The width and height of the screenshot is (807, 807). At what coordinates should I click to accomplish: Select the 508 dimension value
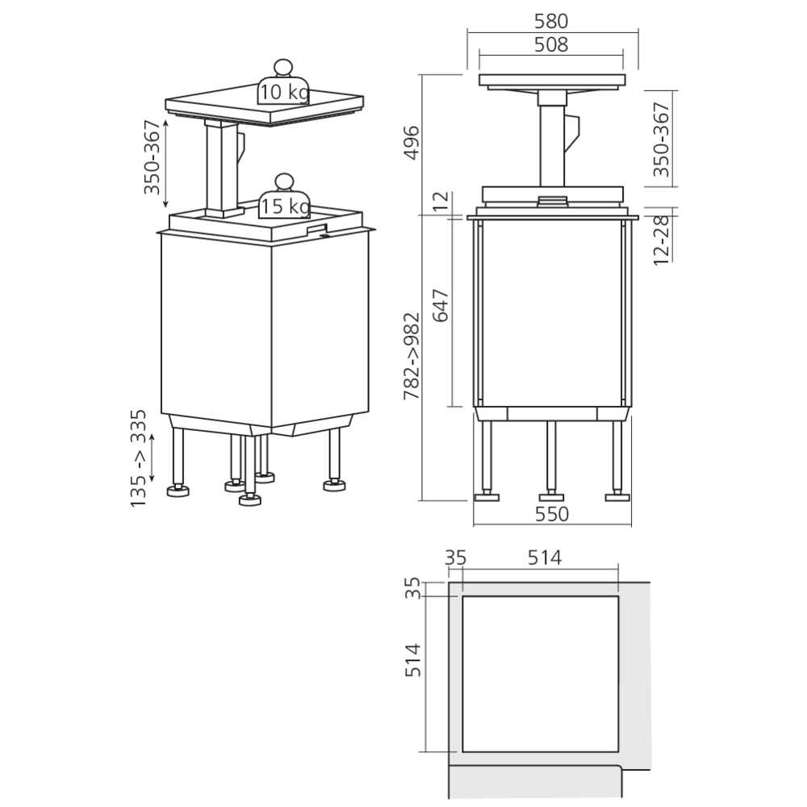pos(551,44)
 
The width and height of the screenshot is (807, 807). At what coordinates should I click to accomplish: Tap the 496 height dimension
pos(412,142)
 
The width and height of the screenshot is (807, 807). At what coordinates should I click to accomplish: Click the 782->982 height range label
pos(412,357)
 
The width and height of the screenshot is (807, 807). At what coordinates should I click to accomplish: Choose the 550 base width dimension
pos(551,514)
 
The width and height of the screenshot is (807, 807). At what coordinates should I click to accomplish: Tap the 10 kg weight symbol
pos(283,87)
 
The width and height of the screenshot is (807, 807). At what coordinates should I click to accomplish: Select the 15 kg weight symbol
pos(283,201)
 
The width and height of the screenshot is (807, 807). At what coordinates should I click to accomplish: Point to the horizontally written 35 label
pos(455,557)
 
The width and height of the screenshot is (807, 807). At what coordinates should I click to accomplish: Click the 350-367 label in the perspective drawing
pos(151,163)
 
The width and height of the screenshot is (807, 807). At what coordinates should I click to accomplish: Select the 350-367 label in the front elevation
pos(661,140)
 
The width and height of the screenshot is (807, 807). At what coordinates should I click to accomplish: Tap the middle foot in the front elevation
pos(551,495)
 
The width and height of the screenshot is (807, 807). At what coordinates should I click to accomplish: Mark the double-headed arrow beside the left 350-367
pos(166,163)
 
